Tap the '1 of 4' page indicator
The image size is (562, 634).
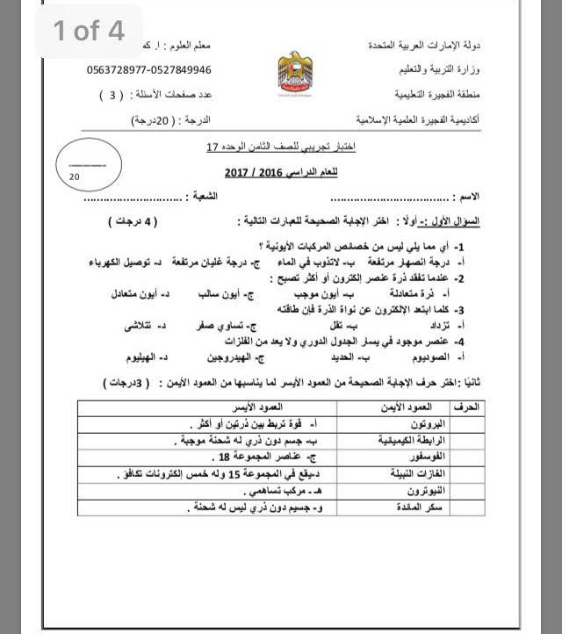(x=89, y=32)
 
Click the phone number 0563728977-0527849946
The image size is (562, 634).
(x=149, y=69)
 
